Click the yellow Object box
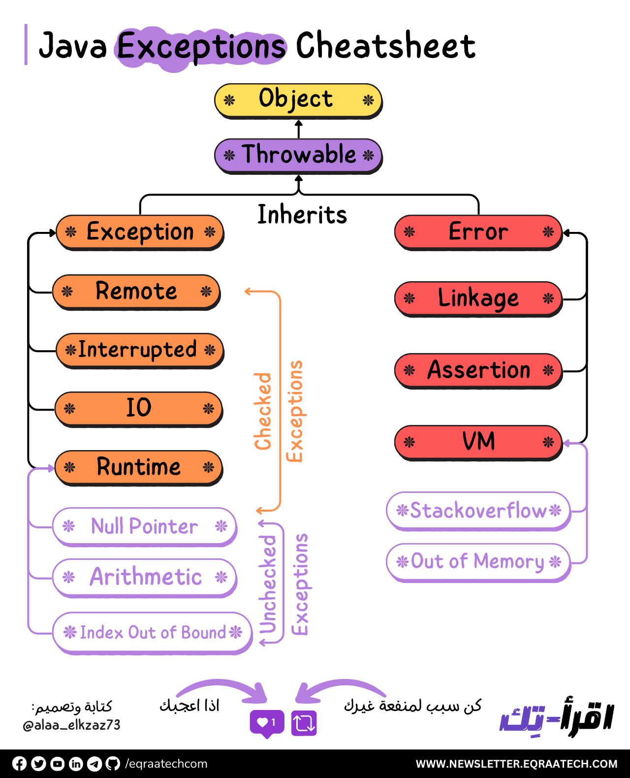pyautogui.click(x=298, y=100)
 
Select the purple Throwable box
pyautogui.click(x=298, y=156)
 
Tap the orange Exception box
pyautogui.click(x=140, y=232)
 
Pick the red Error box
pyautogui.click(x=478, y=232)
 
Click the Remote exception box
pyautogui.click(x=136, y=292)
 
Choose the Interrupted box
pyautogui.click(x=140, y=350)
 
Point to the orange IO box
pyautogui.click(x=138, y=408)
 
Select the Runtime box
pyautogui.click(x=138, y=467)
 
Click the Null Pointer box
pyautogui.click(x=144, y=526)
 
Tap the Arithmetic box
pyautogui.click(x=144, y=577)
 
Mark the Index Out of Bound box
pyautogui.click(x=152, y=632)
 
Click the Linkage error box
pyautogui.click(x=478, y=298)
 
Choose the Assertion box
pyautogui.click(x=478, y=370)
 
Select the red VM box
pyautogui.click(x=478, y=442)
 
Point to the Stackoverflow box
pyautogui.click(x=478, y=511)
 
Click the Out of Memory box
pyautogui.click(x=478, y=562)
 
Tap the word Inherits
pyautogui.click(x=302, y=215)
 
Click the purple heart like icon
pyautogui.click(x=267, y=723)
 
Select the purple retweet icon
pyautogui.click(x=304, y=723)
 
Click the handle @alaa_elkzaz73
pyautogui.click(x=72, y=725)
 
